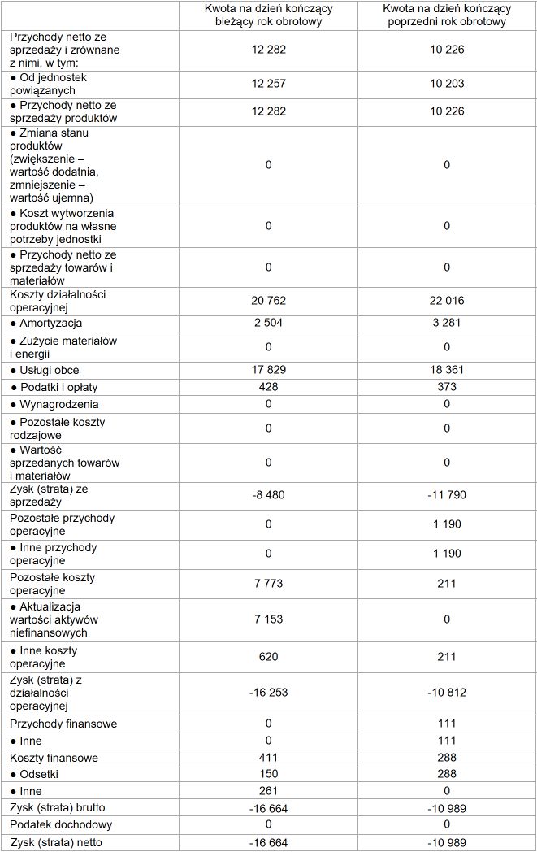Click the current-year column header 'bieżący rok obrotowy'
pos(268,15)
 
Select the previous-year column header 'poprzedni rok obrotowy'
pos(447,15)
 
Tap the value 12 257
pos(268,84)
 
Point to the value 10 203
pos(447,84)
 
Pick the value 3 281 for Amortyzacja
pos(447,324)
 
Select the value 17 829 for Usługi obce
pos(268,370)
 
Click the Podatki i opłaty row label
pos(57,387)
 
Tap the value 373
pos(447,387)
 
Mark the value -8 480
pos(268,494)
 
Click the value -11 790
pos(447,494)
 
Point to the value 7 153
pos(268,619)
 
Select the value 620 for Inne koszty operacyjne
pos(268,657)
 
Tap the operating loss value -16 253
pos(268,693)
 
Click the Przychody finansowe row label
pos(63,724)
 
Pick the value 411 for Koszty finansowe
pos(268,758)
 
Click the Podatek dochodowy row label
pos(59,824)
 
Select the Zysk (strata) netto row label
pos(57,842)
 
